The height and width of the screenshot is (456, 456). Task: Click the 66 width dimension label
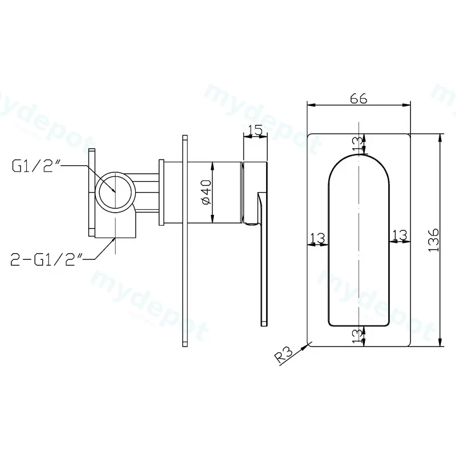(x=359, y=99)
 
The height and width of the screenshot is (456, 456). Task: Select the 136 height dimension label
(x=434, y=240)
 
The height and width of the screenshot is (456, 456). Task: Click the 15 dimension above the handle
(x=255, y=129)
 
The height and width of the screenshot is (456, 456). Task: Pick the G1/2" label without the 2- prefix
(x=36, y=166)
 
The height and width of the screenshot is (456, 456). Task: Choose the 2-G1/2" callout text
(x=47, y=259)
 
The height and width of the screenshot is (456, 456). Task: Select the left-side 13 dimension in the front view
(x=317, y=238)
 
